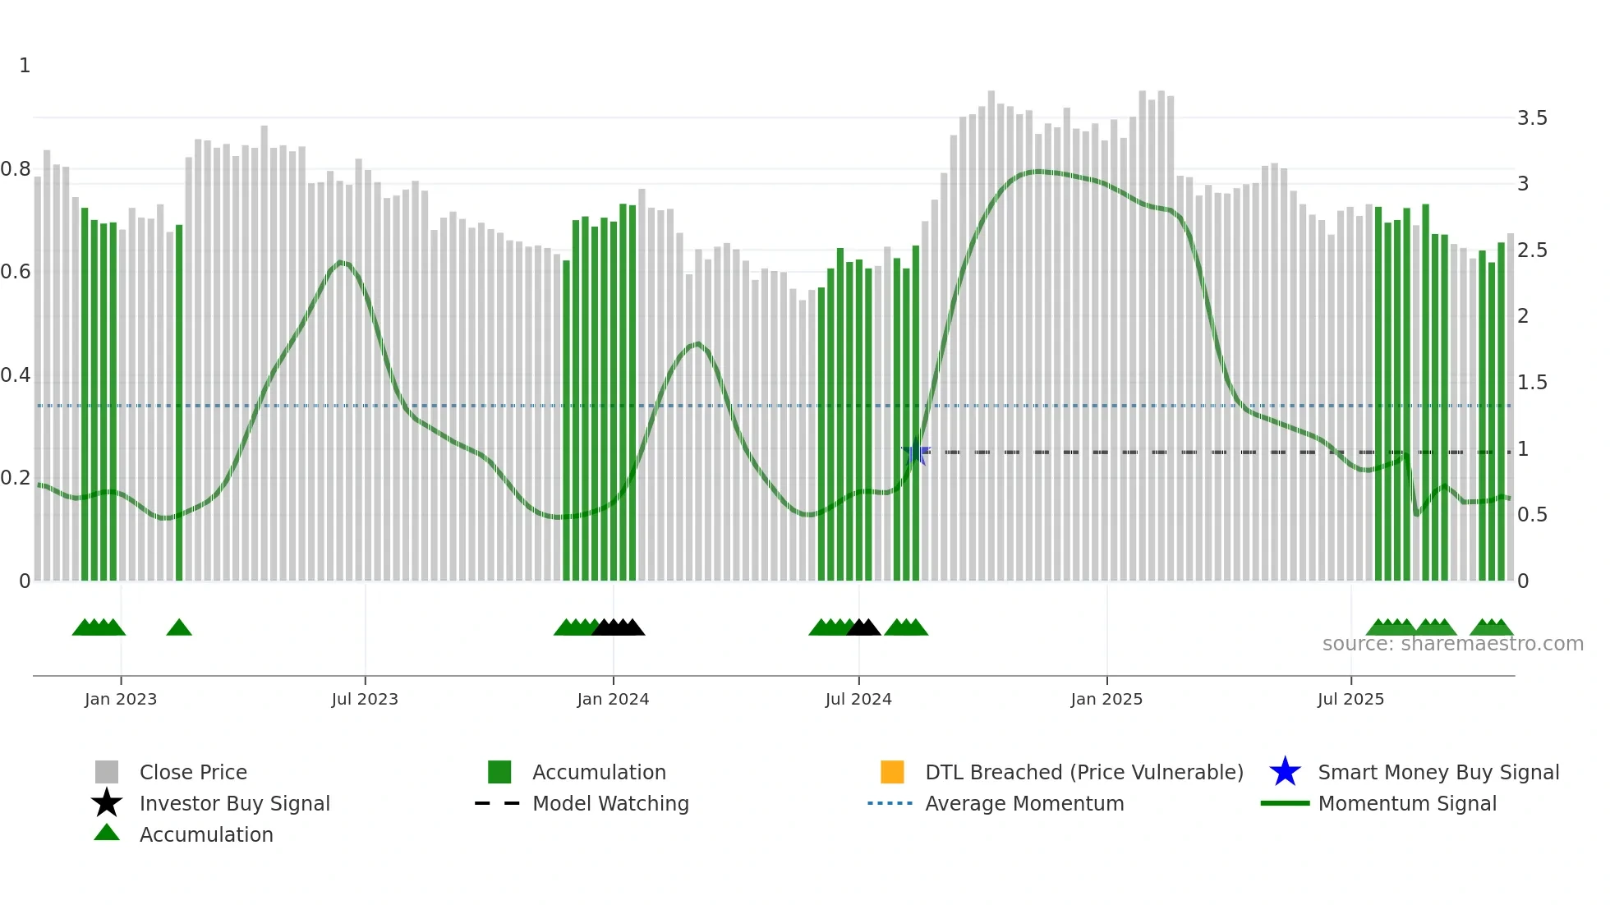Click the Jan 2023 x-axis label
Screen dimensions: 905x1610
[x=121, y=699]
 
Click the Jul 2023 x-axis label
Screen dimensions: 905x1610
[x=365, y=699]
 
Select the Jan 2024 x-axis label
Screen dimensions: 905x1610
[x=613, y=699]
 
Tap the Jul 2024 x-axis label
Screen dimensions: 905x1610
[x=858, y=699]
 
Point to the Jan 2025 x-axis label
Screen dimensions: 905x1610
[x=1106, y=699]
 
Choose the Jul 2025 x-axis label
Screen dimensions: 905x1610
[x=1350, y=699]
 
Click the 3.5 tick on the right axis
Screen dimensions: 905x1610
[x=1532, y=118]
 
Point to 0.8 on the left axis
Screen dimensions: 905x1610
[x=16, y=169]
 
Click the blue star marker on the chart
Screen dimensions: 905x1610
[x=915, y=452]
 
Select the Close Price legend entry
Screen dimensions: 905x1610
[x=193, y=772]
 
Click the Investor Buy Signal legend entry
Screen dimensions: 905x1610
[x=234, y=803]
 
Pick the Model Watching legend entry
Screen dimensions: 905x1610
[x=610, y=803]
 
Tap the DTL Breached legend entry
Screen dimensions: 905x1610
[x=1083, y=772]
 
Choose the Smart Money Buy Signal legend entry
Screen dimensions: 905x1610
[x=1438, y=772]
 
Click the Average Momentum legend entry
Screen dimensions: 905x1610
[x=1024, y=803]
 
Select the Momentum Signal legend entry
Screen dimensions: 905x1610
[x=1407, y=803]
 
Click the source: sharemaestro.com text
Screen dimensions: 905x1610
[x=1452, y=644]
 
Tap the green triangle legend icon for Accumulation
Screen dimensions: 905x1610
[x=107, y=833]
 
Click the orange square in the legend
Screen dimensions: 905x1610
[x=892, y=772]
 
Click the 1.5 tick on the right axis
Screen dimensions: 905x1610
[x=1532, y=383]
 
